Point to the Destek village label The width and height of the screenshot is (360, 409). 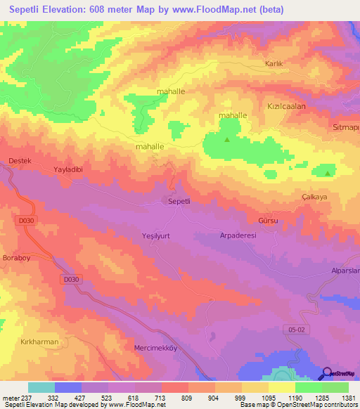pos(20,161)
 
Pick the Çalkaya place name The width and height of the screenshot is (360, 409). pos(314,197)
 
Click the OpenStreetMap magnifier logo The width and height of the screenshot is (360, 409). pos(326,373)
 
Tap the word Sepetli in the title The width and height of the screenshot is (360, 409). pos(29,9)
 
